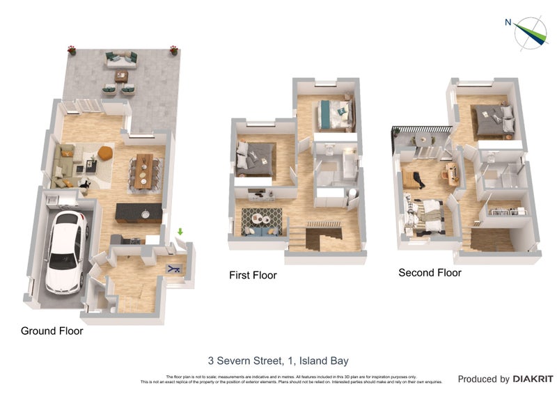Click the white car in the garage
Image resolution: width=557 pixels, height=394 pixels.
pos(65,251)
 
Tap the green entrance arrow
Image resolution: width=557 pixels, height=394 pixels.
pos(180,232)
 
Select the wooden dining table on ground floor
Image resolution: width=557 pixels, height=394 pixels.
pos(143,171)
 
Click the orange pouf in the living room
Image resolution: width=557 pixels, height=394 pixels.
pos(105,152)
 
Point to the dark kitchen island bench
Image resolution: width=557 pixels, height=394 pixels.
pos(139,212)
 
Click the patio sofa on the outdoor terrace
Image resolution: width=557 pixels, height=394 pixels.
pos(121,59)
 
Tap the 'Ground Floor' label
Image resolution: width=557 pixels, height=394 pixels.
pos(52,331)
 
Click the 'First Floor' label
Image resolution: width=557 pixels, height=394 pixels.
pos(253,276)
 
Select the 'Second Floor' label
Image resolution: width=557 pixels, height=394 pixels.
pos(430,273)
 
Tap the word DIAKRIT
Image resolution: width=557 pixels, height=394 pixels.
pos(533,379)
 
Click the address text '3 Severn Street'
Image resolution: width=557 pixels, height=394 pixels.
pos(246,361)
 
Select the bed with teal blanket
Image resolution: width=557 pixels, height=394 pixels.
pos(334,113)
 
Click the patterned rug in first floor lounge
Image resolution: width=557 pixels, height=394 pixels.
pos(262,221)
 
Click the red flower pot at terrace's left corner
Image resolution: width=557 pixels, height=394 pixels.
pos(71,49)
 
